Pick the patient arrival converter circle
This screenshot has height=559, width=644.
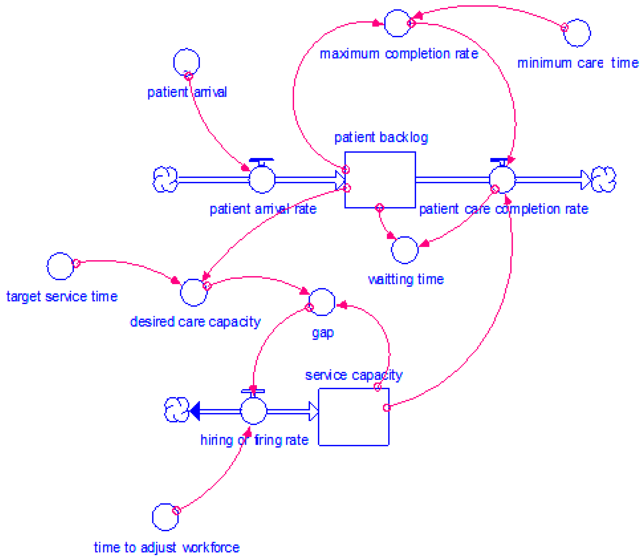pos(186,62)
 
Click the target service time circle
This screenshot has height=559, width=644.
pos(60,266)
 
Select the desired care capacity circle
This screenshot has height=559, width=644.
pos(194,293)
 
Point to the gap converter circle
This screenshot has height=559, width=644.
pos(322,302)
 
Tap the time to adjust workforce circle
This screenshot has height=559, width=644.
pos(165,517)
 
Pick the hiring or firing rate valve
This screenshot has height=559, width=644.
pos(253,411)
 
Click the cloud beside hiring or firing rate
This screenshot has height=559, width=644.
pos(176,410)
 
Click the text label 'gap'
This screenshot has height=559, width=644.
pos(323,333)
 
